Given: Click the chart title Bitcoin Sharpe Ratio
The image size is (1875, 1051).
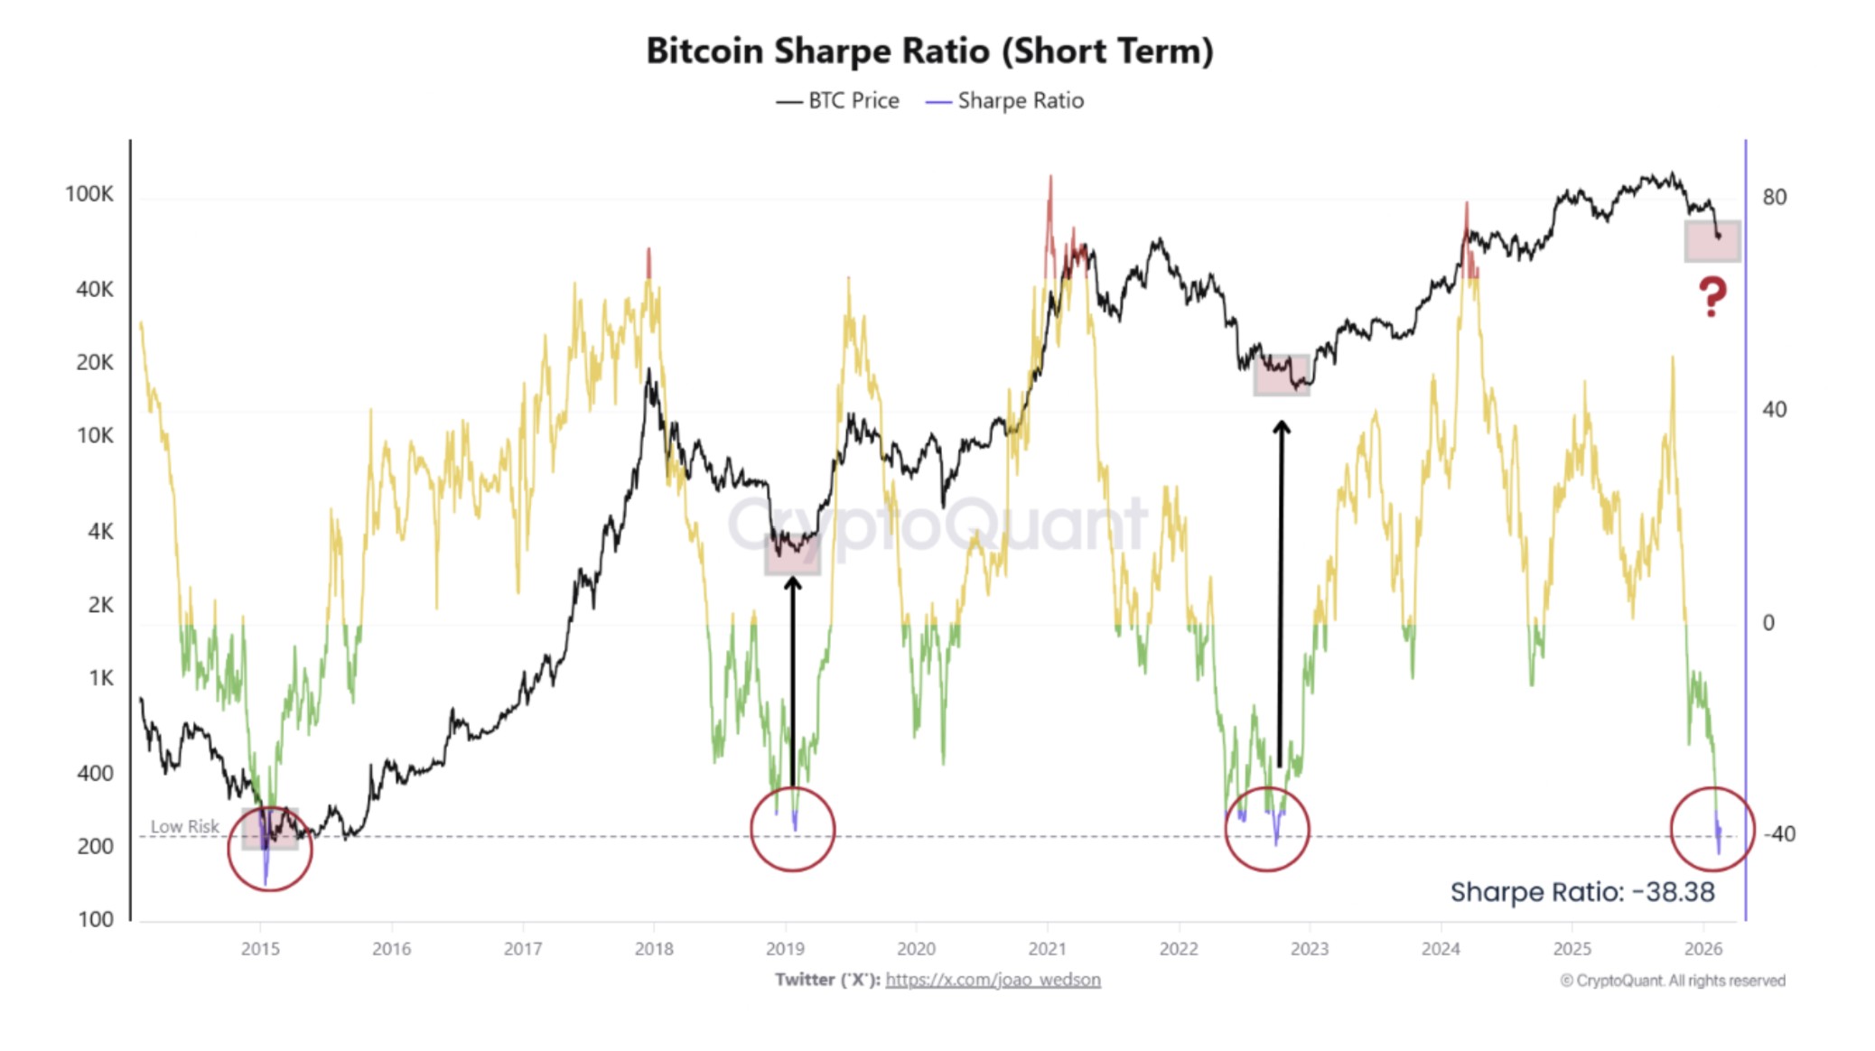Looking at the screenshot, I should click(929, 51).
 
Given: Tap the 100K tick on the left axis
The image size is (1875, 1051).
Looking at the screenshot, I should click(89, 194).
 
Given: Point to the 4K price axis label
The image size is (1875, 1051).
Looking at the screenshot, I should click(100, 532).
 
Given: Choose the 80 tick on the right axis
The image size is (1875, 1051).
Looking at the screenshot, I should click(1774, 197).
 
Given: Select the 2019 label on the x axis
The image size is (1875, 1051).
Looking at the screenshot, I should click(785, 949).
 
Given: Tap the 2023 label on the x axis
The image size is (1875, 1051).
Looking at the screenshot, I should click(1309, 949).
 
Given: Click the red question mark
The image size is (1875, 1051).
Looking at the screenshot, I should click(1712, 296).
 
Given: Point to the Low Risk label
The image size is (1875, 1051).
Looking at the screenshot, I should click(184, 826).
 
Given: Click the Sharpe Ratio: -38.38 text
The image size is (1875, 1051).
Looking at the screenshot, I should click(1581, 892).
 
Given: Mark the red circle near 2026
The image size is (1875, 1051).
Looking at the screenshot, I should click(1712, 829).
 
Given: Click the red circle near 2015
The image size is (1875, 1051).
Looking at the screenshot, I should click(269, 849).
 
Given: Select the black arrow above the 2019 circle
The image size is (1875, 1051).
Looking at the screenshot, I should click(792, 677).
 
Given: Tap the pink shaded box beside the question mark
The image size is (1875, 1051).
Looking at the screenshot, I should click(1712, 241).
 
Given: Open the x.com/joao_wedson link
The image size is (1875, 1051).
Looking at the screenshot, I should click(993, 980).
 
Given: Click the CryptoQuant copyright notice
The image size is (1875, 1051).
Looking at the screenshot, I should click(1672, 981).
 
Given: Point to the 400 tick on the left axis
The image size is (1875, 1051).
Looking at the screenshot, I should click(95, 774).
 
